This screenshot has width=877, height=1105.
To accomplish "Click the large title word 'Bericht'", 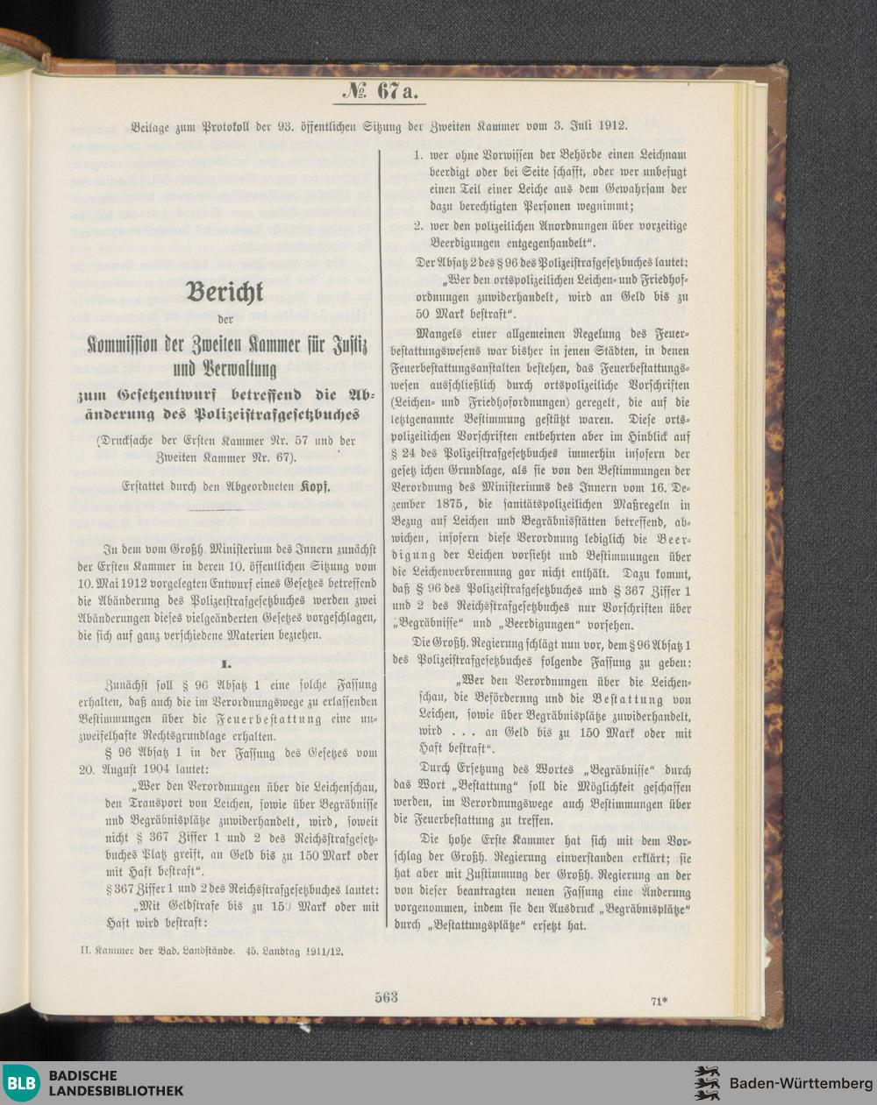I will [225, 292].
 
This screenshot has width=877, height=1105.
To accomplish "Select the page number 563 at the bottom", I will [386, 996].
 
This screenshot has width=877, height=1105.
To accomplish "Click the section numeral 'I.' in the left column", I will [225, 664].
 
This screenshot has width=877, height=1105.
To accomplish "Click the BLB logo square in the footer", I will [22, 1082].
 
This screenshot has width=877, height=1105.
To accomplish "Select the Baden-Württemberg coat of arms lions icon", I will [707, 1083].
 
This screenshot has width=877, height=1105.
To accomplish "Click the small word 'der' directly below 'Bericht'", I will [225, 319].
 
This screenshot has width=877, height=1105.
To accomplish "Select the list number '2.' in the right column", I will [419, 225].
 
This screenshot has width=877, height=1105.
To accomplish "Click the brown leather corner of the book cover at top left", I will [25, 44].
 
